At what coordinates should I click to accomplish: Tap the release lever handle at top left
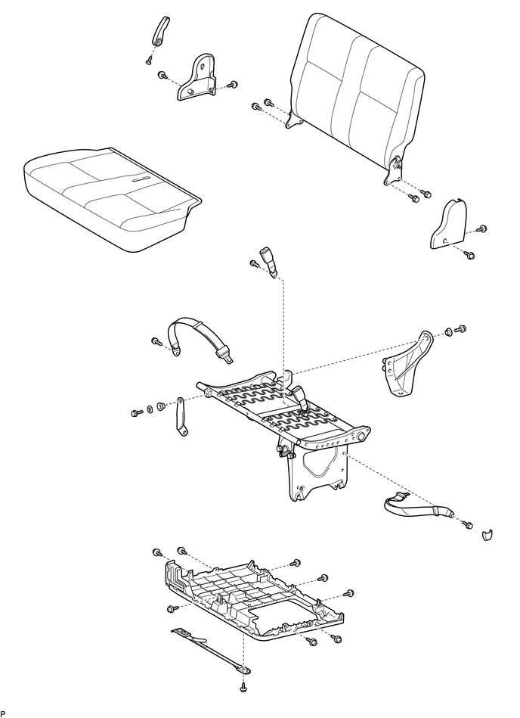click(x=160, y=31)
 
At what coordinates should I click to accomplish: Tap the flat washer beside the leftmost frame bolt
click(x=150, y=409)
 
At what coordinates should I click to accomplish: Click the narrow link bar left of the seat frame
click(x=181, y=417)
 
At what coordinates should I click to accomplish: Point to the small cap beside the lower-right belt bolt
click(x=487, y=535)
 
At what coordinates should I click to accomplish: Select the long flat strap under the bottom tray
click(x=212, y=651)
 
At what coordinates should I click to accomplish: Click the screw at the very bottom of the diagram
click(x=243, y=687)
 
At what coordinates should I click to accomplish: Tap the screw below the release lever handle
click(x=149, y=60)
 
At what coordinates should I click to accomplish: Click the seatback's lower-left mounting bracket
click(x=294, y=120)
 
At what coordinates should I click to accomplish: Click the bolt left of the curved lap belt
click(x=156, y=341)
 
